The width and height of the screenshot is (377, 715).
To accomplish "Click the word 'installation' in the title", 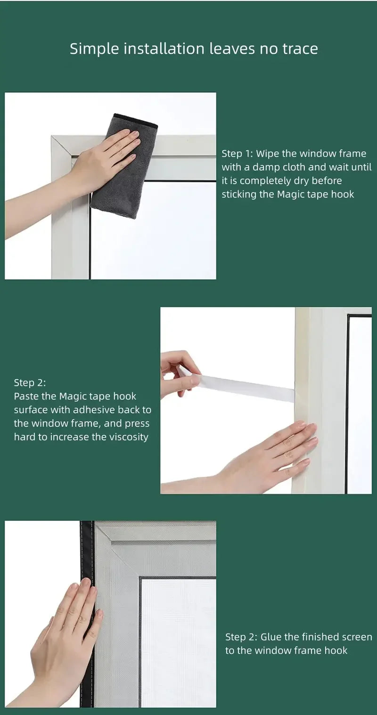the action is [164, 49].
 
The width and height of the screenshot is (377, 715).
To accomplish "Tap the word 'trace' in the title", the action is [300, 49].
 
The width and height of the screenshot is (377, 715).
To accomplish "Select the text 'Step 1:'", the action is [237, 154].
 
